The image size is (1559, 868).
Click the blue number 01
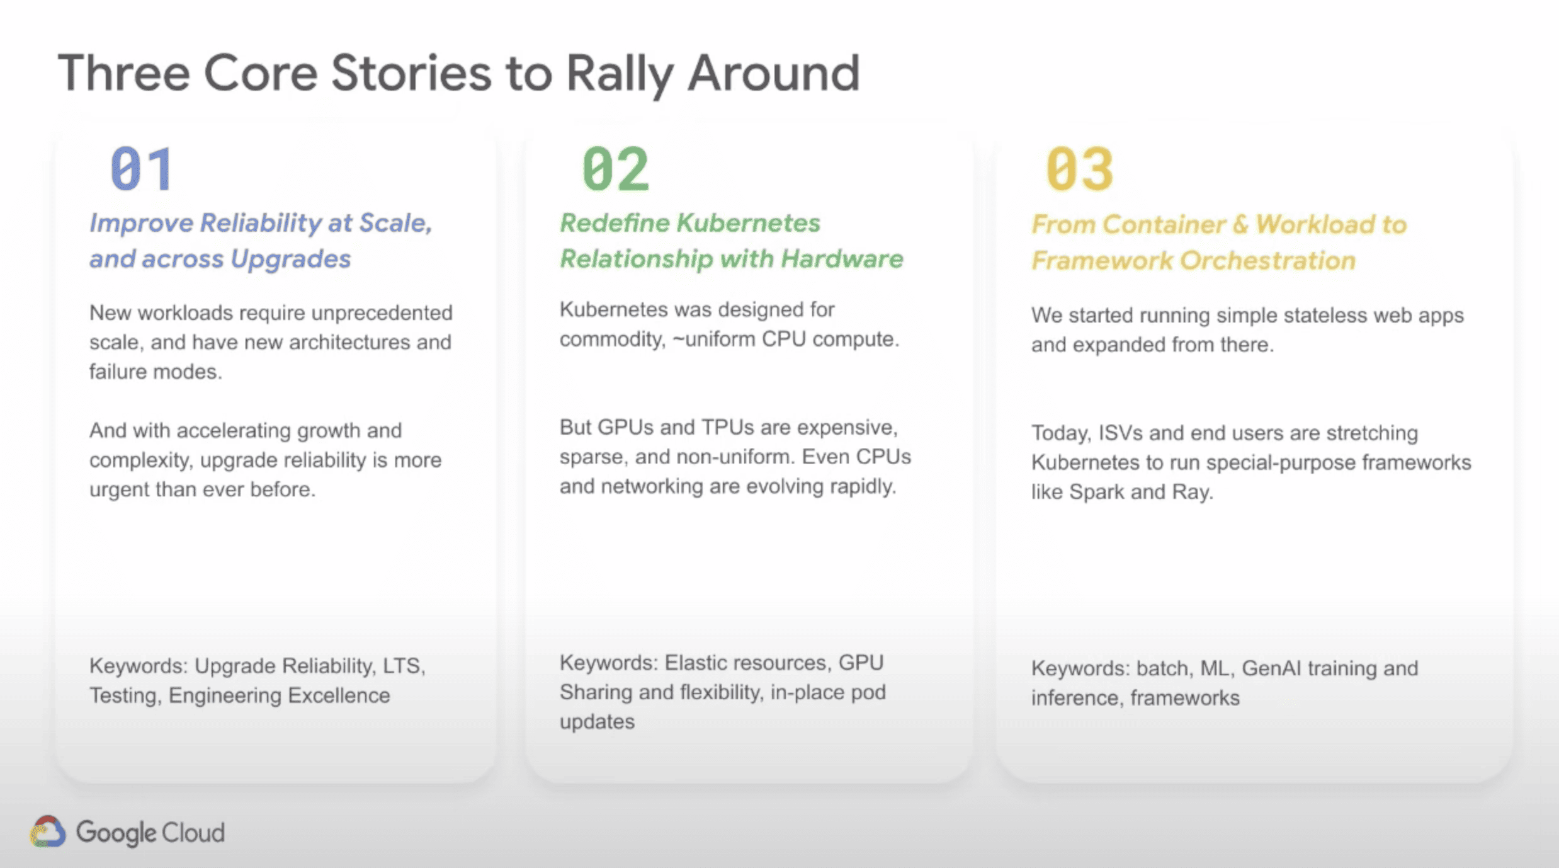(142, 168)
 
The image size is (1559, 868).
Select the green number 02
(615, 168)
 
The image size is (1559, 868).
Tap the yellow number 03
(1079, 168)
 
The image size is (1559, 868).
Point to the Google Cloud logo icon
(48, 832)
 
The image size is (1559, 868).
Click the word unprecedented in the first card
(382, 313)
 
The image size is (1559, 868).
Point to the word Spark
(1096, 492)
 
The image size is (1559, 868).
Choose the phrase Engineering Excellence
(279, 695)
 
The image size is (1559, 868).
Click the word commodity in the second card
(611, 340)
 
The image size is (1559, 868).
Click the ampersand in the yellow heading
(1240, 225)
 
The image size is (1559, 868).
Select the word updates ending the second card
(597, 722)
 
